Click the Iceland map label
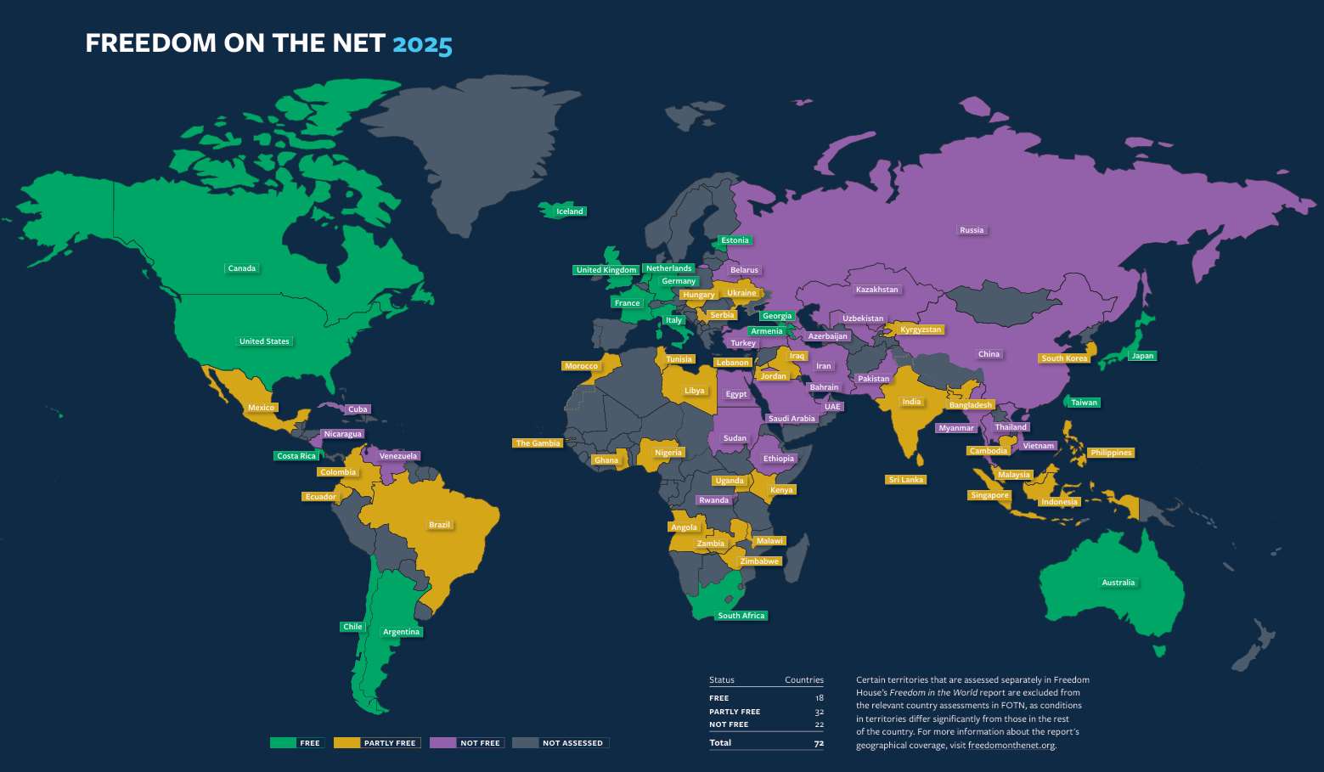(570, 211)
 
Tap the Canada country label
(242, 268)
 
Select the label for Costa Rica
(296, 456)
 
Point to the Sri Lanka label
(905, 480)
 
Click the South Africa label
(741, 616)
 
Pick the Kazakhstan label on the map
(876, 290)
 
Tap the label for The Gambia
(538, 443)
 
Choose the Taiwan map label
(1084, 403)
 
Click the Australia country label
(1118, 583)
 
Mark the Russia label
(972, 230)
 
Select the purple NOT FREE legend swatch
(442, 742)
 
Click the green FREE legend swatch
(283, 742)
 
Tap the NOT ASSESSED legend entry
(572, 743)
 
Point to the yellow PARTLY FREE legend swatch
(346, 742)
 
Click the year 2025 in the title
(422, 43)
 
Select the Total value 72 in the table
(819, 743)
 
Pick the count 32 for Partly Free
(819, 712)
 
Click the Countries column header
(803, 680)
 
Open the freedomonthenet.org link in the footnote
(1011, 746)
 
